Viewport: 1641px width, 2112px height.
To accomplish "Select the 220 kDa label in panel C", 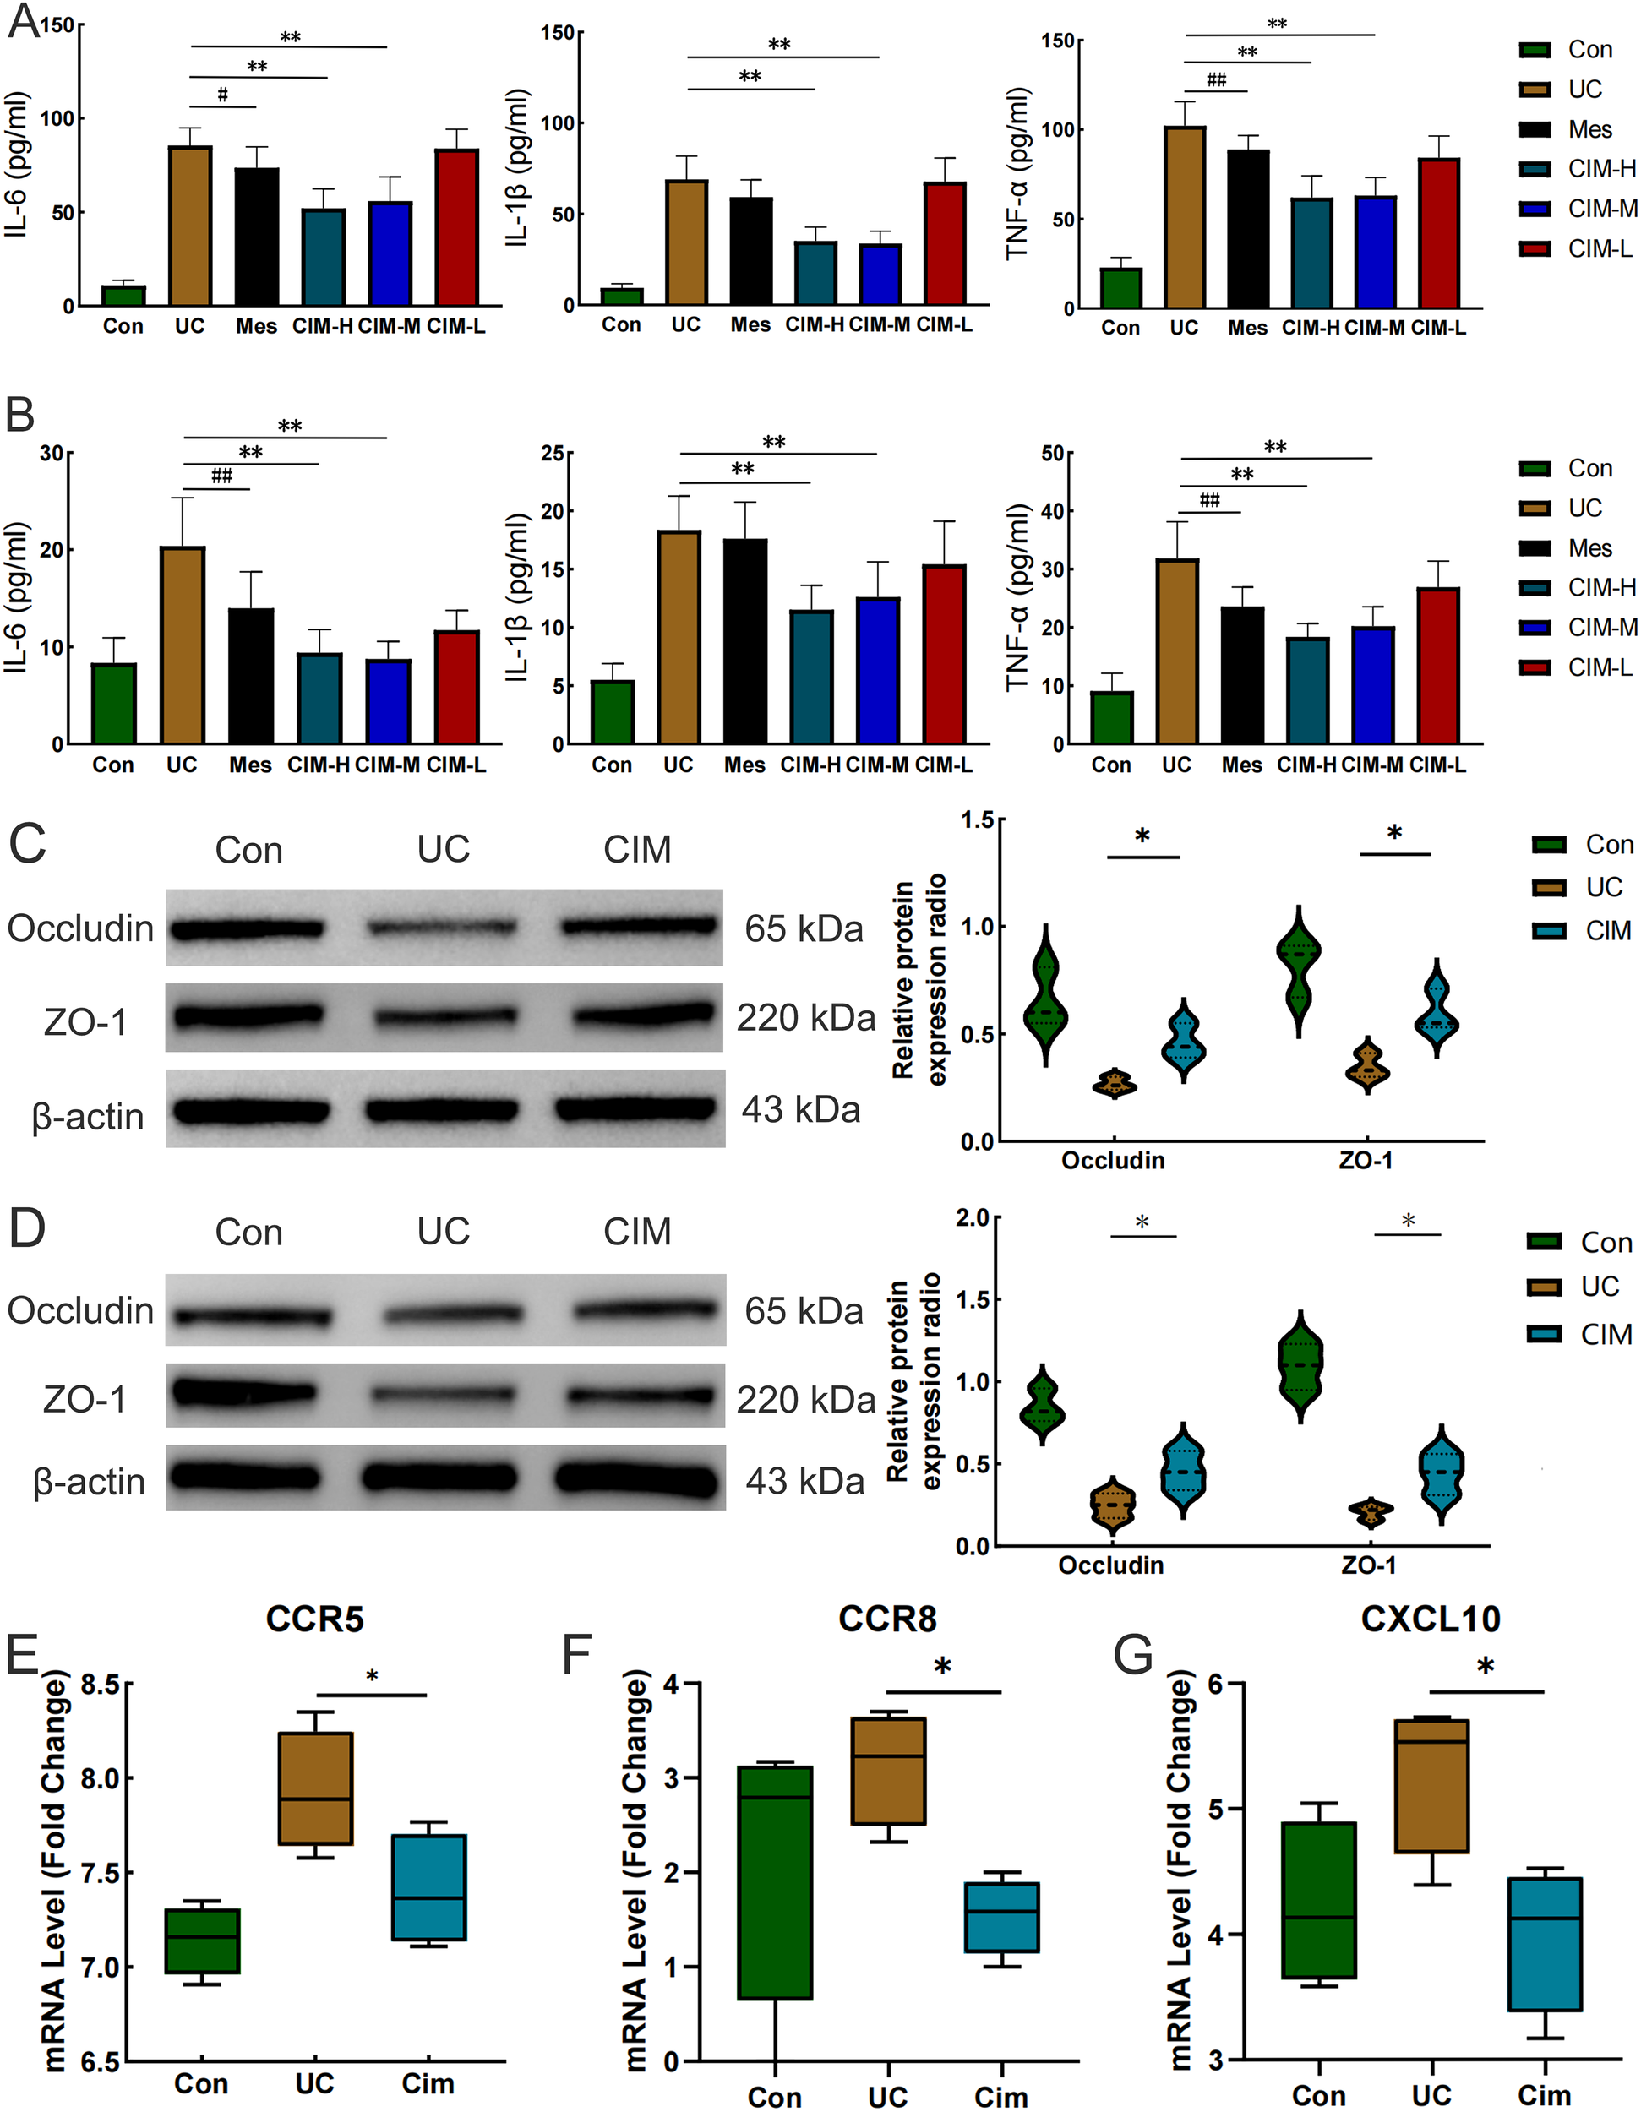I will (805, 1017).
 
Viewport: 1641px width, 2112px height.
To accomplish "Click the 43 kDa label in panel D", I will (804, 1482).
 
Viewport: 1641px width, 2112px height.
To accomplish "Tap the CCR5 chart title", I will (314, 1619).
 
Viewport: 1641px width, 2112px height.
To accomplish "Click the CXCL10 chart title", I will (1431, 1619).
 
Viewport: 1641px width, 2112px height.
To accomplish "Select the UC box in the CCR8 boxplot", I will (888, 1771).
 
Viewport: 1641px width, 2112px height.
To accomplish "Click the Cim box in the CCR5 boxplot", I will (428, 1886).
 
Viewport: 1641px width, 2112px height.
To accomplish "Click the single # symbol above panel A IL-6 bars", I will (222, 95).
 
